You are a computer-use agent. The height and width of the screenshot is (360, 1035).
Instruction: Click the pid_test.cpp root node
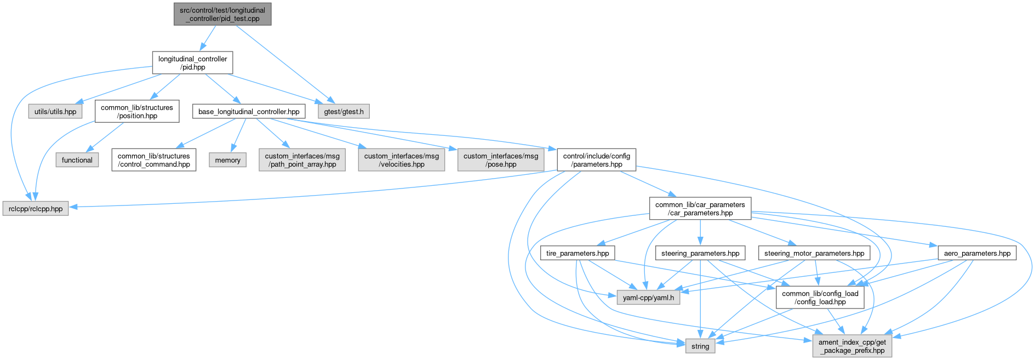point(222,14)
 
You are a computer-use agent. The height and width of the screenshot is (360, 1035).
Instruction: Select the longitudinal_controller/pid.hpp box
point(192,63)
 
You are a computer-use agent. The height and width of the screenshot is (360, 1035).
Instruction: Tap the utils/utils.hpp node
point(55,112)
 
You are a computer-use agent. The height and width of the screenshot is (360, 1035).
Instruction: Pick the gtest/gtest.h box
point(344,112)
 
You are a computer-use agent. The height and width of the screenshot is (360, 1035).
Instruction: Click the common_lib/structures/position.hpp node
point(136,112)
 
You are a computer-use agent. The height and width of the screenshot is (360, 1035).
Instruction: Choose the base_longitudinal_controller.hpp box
point(249,112)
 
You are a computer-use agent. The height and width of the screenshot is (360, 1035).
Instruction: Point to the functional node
point(77,160)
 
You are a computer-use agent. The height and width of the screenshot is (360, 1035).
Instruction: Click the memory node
point(227,160)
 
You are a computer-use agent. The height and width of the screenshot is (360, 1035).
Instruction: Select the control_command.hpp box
point(153,160)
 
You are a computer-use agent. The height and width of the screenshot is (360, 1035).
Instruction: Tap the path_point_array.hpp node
point(302,160)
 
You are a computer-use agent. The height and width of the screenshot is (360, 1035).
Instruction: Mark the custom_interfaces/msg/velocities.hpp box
point(402,160)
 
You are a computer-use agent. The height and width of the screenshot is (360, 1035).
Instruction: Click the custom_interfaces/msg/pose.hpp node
point(501,160)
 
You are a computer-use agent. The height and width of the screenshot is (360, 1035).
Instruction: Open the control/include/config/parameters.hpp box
point(596,160)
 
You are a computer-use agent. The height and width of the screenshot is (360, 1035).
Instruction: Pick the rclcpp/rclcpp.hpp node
point(36,209)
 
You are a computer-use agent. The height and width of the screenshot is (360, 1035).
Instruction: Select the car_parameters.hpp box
point(700,209)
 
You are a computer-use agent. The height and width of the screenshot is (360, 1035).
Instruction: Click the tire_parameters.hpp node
point(577,253)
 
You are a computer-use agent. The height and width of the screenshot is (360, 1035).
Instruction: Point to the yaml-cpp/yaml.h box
point(648,298)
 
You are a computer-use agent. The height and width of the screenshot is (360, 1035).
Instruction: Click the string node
point(700,346)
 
